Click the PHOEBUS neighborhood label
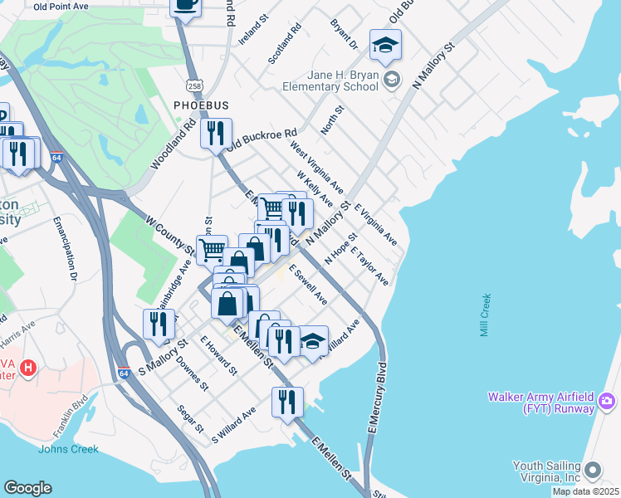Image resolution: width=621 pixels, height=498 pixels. click(199, 105)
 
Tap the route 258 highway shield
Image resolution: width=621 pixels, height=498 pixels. click(194, 85)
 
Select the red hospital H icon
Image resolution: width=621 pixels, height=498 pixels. click(28, 367)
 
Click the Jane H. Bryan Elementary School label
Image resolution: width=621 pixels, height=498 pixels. click(344, 81)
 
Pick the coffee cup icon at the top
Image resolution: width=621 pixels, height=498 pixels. click(185, 4)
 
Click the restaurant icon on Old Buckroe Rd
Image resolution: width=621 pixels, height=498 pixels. click(216, 133)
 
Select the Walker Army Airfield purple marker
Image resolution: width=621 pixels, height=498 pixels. click(607, 403)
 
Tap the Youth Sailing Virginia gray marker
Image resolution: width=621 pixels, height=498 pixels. click(593, 471)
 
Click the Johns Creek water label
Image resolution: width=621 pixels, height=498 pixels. click(68, 449)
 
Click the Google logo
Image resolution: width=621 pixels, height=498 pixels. click(27, 488)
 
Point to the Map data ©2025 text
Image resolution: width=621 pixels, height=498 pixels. click(585, 491)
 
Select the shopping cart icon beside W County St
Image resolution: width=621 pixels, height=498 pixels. click(213, 248)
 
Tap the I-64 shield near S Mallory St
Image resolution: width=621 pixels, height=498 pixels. click(125, 373)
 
